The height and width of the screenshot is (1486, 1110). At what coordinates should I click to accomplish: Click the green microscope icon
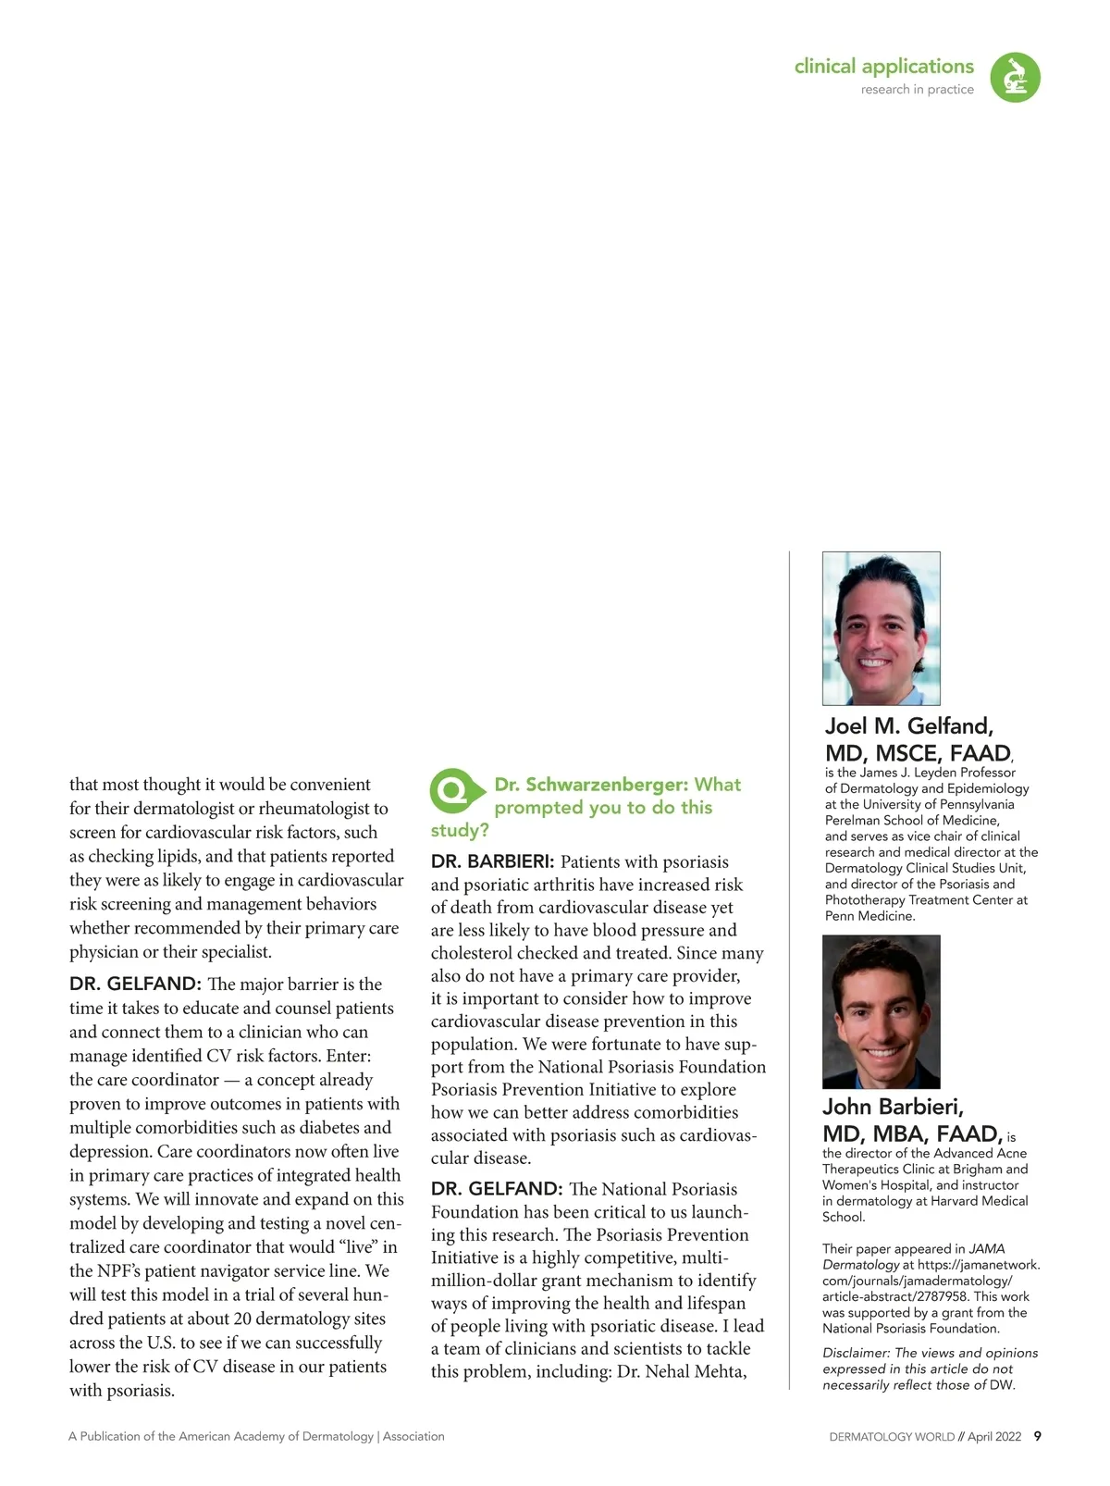(x=1015, y=77)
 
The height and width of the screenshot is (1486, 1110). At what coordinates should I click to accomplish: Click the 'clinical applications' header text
(x=883, y=67)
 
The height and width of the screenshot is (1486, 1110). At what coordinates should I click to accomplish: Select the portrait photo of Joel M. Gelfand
(x=881, y=628)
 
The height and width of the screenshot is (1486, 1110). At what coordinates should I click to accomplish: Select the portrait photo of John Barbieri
(x=881, y=1011)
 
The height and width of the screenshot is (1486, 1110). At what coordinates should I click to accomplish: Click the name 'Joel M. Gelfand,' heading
(x=908, y=726)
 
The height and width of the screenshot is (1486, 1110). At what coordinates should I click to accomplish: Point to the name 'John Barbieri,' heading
(x=893, y=1107)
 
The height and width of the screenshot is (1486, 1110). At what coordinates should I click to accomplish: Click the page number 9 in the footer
(x=1037, y=1436)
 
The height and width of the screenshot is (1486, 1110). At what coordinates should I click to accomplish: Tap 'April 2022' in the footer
(x=994, y=1437)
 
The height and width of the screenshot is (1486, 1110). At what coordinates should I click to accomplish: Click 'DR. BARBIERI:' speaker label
(x=492, y=862)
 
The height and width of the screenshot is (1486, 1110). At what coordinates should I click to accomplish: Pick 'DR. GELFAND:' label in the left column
(x=135, y=984)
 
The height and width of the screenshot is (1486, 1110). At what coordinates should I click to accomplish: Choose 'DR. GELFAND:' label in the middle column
(x=497, y=1189)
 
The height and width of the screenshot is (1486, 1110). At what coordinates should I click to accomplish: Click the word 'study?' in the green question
(x=460, y=830)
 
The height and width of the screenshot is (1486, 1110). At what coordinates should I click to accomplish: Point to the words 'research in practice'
(x=917, y=90)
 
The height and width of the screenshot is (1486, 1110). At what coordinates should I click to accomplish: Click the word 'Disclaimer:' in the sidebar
(x=857, y=1353)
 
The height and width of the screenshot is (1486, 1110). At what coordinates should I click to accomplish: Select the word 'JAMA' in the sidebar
(x=987, y=1249)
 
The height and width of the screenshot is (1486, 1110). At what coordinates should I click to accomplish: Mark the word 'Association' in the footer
(x=413, y=1437)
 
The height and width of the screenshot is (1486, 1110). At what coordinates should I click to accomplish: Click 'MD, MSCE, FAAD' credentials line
(x=917, y=753)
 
